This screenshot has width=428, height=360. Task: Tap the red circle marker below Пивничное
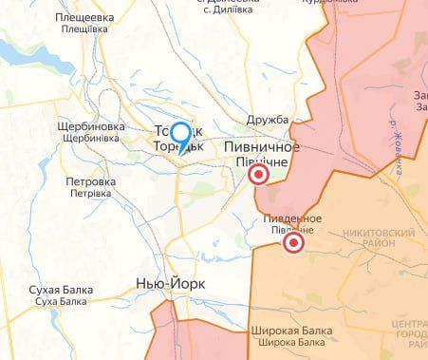click(x=258, y=177)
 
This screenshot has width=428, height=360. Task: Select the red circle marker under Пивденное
click(x=293, y=244)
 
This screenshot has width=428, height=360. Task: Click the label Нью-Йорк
click(x=171, y=284)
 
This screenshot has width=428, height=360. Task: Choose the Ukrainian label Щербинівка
click(x=90, y=139)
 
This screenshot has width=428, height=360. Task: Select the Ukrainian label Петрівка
click(x=90, y=193)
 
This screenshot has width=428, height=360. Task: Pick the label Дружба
click(x=267, y=121)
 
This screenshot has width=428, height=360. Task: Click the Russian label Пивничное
click(x=262, y=147)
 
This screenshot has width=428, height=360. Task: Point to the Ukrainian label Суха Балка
click(x=59, y=301)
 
